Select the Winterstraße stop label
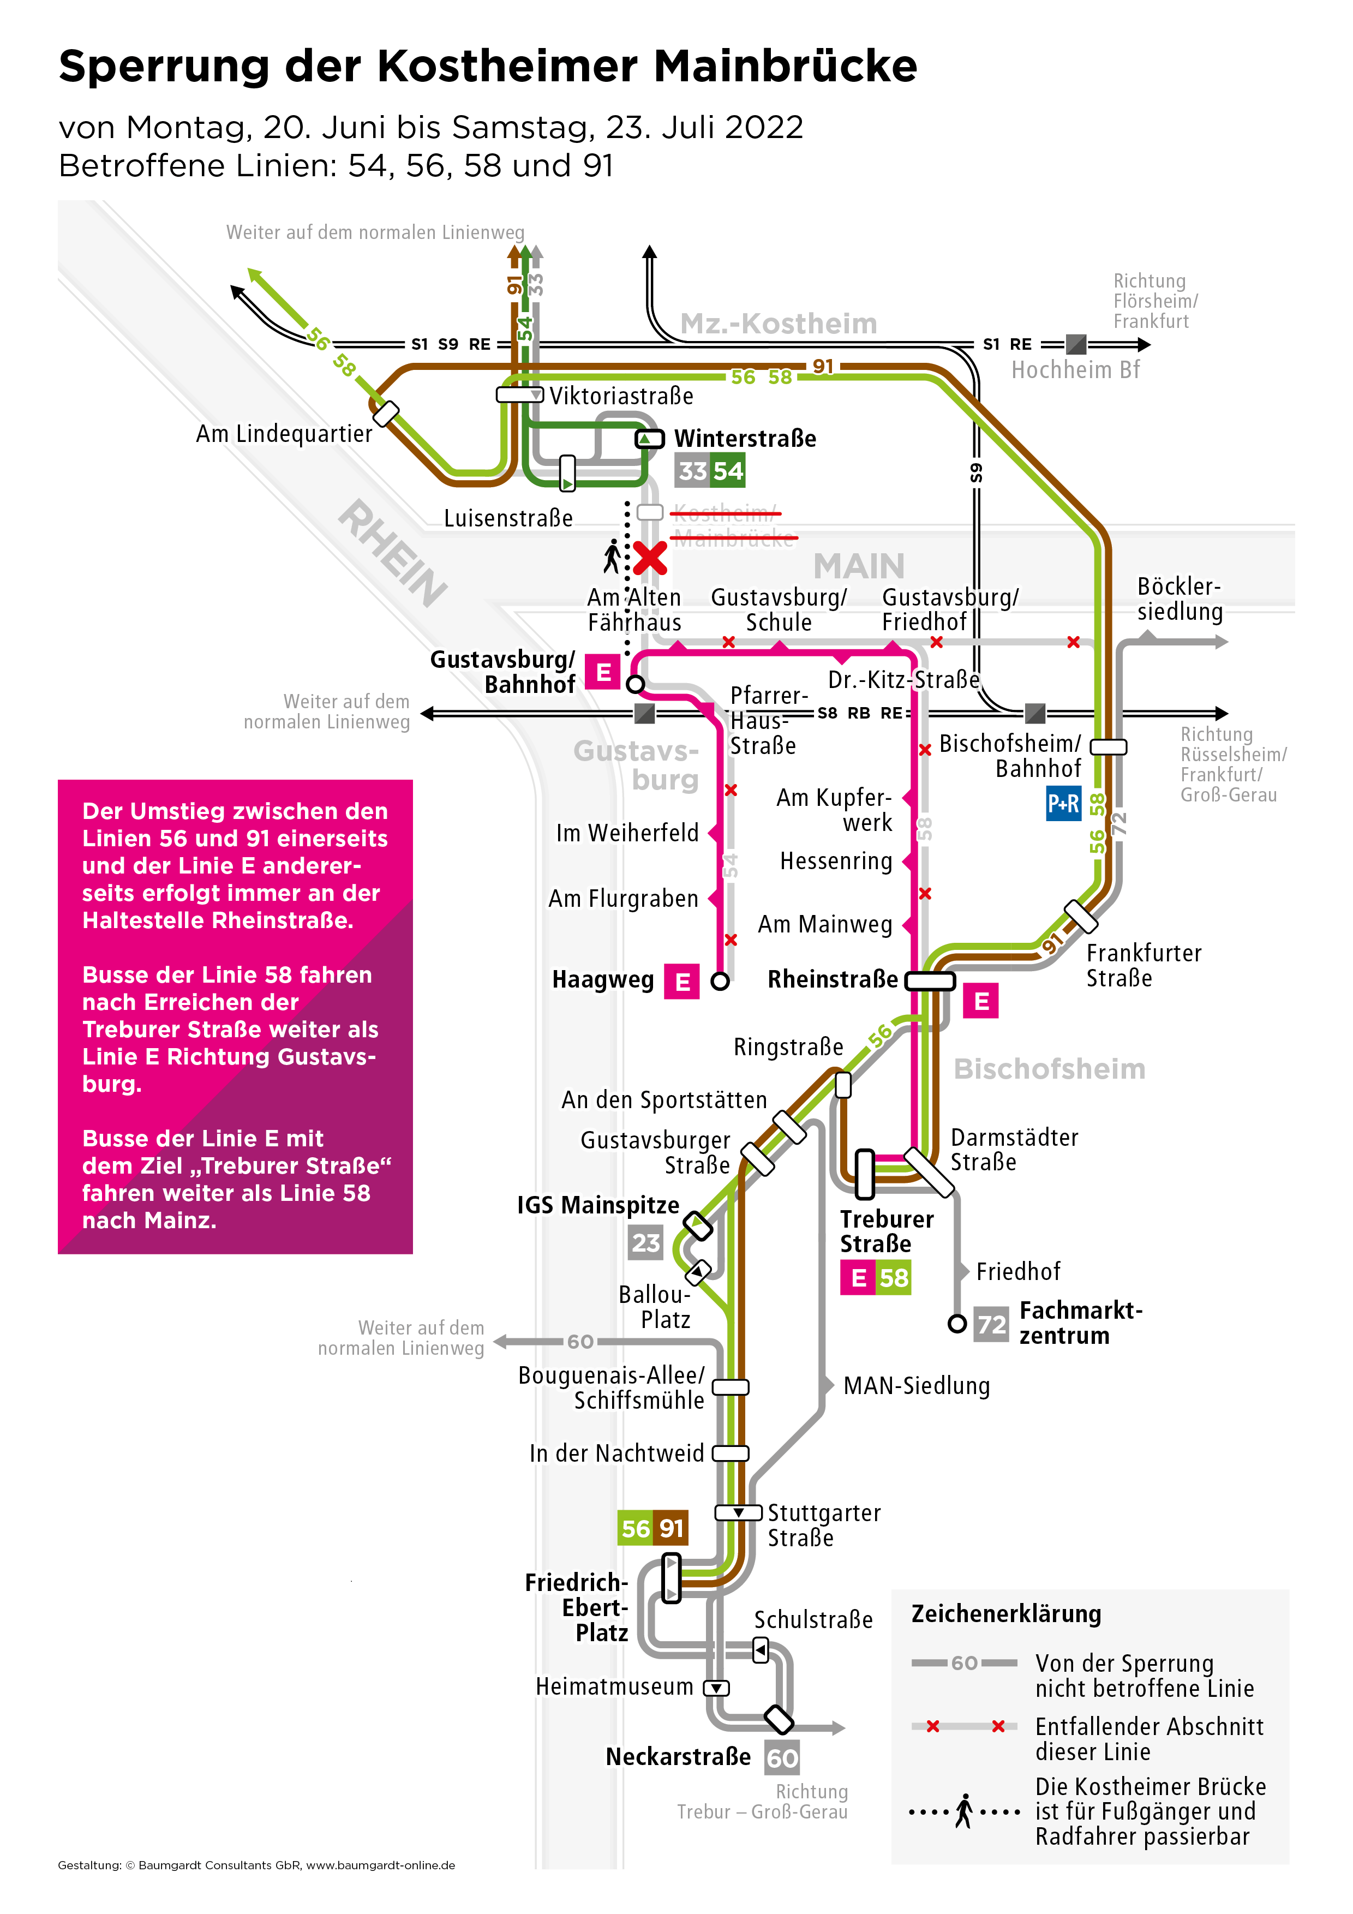pyautogui.click(x=745, y=439)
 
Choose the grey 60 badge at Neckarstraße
pyautogui.click(x=782, y=1758)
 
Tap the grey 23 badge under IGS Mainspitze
pyautogui.click(x=645, y=1243)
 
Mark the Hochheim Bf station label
pyautogui.click(x=1075, y=370)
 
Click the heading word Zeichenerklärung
pyautogui.click(x=1005, y=1614)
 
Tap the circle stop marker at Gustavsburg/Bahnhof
pyautogui.click(x=635, y=684)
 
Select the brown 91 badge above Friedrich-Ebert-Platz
pyautogui.click(x=671, y=1528)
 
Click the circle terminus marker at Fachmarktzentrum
pyautogui.click(x=957, y=1323)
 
